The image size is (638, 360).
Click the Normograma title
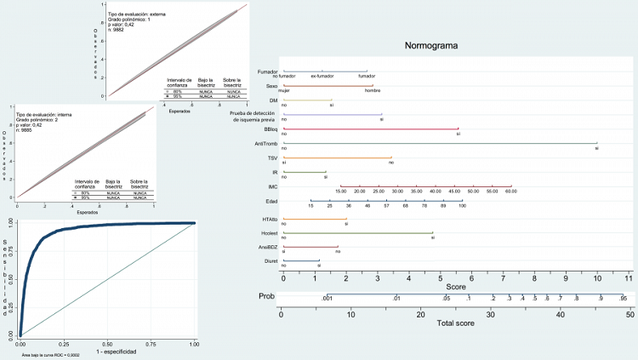tap(433, 45)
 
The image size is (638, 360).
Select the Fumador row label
tap(268, 71)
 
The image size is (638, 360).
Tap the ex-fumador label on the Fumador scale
tap(322, 77)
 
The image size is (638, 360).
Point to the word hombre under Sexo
tap(373, 90)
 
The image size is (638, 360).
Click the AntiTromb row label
tap(265, 144)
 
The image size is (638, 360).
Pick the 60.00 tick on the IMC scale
tap(510, 191)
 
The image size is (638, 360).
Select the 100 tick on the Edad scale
tap(462, 206)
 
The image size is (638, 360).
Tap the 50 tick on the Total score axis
tap(629, 314)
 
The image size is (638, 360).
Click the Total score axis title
tap(455, 324)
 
